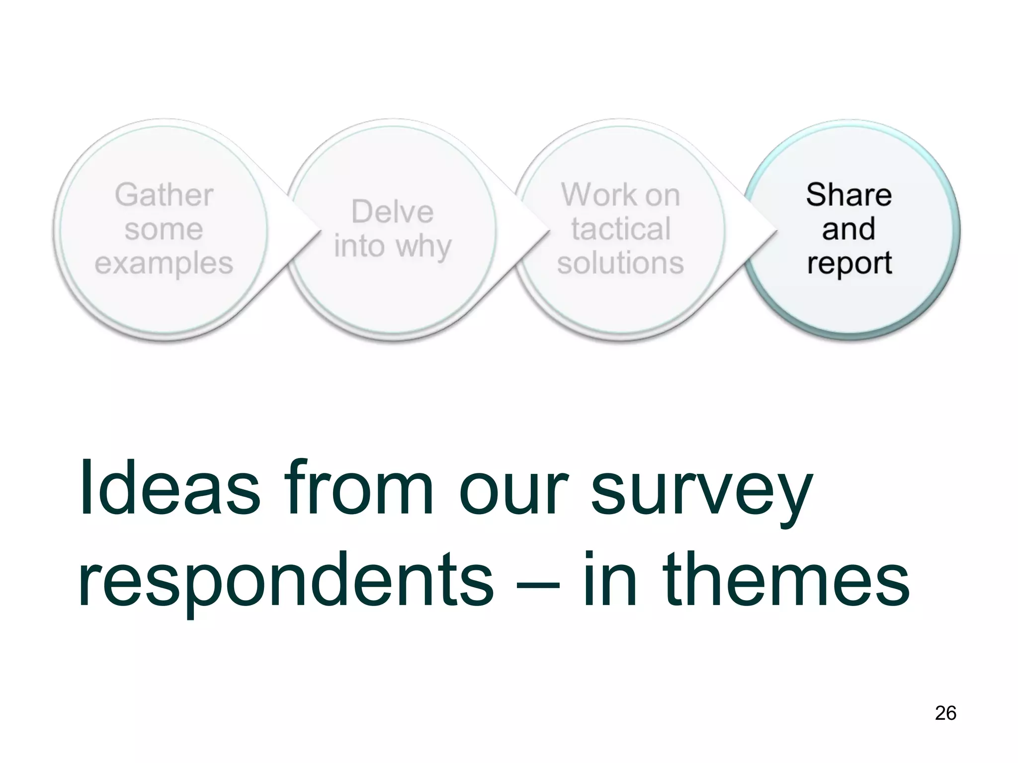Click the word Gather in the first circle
[164, 195]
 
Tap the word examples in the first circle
[164, 263]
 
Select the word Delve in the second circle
[392, 212]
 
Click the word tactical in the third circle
[620, 229]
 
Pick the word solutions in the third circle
[620, 263]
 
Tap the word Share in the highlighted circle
[848, 195]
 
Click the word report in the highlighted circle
[849, 264]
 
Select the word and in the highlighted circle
[848, 229]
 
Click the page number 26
[945, 713]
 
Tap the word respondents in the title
[286, 581]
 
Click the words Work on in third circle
[620, 195]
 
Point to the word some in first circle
[164, 229]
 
